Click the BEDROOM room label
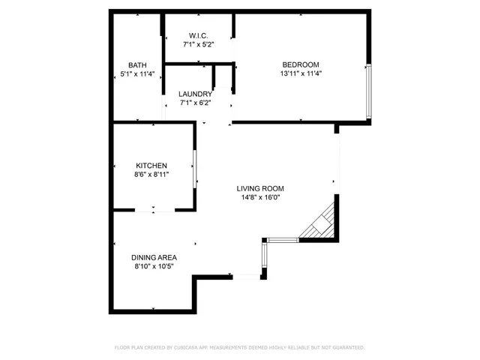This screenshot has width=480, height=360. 300,64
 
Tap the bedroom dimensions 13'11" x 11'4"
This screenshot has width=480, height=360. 300,73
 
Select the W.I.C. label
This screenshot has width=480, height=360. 198,36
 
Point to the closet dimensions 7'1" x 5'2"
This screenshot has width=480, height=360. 198,45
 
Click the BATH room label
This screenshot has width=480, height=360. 137,64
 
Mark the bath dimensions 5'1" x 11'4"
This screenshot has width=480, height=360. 137,73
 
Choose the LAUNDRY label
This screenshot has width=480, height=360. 195,94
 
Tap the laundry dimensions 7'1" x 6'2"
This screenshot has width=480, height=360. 195,103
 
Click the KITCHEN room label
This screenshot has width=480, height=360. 151,166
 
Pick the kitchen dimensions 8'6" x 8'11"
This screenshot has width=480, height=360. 151,174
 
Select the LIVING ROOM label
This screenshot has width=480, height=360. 260,189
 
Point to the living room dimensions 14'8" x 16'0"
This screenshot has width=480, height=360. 260,198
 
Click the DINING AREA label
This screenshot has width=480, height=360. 154,256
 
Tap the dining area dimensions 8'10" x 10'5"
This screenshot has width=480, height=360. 154,265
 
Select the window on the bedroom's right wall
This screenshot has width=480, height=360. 367,91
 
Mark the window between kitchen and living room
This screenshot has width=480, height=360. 195,168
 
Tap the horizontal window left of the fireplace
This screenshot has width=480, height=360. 283,240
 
